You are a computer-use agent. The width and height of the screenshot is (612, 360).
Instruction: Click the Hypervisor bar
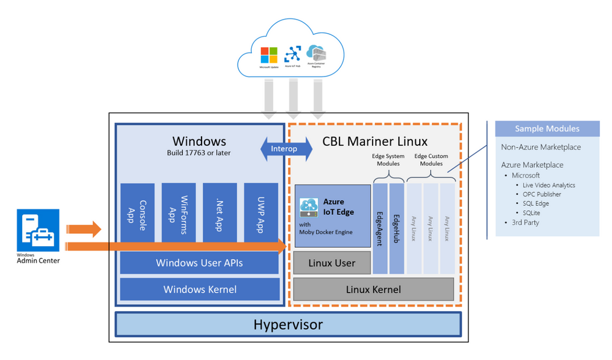point(288,324)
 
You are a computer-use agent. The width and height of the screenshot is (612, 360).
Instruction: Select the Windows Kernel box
point(200,290)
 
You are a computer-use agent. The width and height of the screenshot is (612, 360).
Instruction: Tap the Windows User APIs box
point(200,263)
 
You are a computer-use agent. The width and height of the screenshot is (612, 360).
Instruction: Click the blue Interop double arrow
point(286,149)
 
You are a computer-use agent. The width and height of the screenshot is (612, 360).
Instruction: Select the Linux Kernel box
point(373,290)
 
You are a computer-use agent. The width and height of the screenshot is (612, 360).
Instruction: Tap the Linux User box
point(332,263)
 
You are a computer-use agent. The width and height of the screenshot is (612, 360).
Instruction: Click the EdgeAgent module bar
point(380,228)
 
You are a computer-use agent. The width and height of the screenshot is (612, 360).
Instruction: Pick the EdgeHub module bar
point(396,228)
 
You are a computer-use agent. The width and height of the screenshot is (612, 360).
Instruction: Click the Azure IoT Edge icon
point(309,207)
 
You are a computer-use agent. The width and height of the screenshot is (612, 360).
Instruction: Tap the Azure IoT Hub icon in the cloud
point(293,54)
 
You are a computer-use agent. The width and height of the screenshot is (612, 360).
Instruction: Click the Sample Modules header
point(547,129)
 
